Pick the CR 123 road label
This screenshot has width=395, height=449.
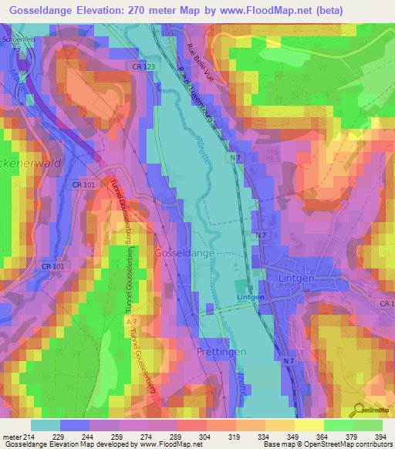[144, 67]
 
